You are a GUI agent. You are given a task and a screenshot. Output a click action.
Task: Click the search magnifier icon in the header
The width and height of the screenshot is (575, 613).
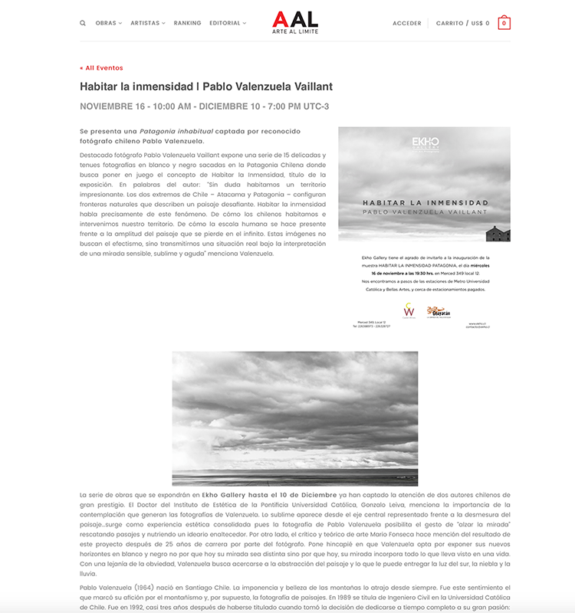coord(83,23)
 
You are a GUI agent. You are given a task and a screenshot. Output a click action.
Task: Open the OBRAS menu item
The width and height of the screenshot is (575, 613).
coord(107,23)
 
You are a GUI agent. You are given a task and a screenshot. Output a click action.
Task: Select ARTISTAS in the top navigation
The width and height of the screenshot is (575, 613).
coord(146,23)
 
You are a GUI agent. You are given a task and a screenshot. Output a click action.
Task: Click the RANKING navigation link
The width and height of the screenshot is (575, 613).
coord(188,23)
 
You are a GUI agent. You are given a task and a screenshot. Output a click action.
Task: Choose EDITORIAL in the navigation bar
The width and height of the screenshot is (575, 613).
coord(225,23)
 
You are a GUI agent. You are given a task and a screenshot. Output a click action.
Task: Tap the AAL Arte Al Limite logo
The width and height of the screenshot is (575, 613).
coord(295,22)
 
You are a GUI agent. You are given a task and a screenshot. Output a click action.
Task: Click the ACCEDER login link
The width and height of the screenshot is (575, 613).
coord(407,23)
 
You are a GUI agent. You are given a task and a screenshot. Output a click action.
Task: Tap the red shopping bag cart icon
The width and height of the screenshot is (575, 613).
coord(504,23)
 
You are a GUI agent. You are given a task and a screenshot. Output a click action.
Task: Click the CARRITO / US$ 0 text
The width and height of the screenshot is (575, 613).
coord(463,23)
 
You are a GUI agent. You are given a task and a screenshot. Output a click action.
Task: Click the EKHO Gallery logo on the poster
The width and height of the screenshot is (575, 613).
coord(426,143)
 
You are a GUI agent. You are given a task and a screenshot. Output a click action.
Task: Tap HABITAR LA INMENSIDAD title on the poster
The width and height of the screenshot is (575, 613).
coord(426,203)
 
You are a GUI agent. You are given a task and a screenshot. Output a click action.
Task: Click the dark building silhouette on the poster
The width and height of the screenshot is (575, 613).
coord(498,233)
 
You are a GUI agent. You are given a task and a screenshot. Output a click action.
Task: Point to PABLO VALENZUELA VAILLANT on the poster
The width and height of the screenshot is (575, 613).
coord(426,211)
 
